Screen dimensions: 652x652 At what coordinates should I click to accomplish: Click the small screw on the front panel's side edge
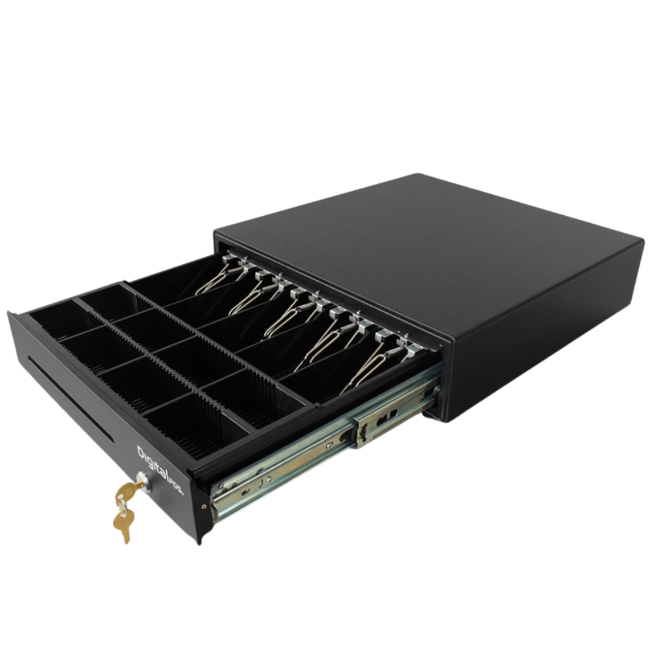[203, 507]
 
